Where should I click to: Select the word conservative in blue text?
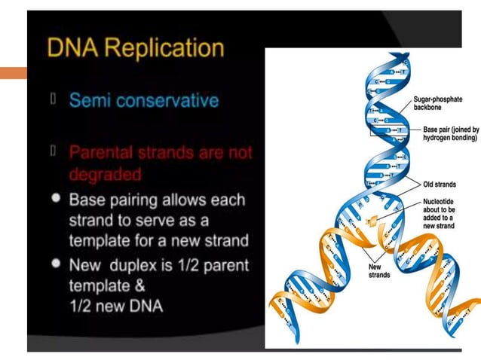172,100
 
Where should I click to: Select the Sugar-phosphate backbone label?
438,104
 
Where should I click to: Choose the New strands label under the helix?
378,270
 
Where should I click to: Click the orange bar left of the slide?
13,74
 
